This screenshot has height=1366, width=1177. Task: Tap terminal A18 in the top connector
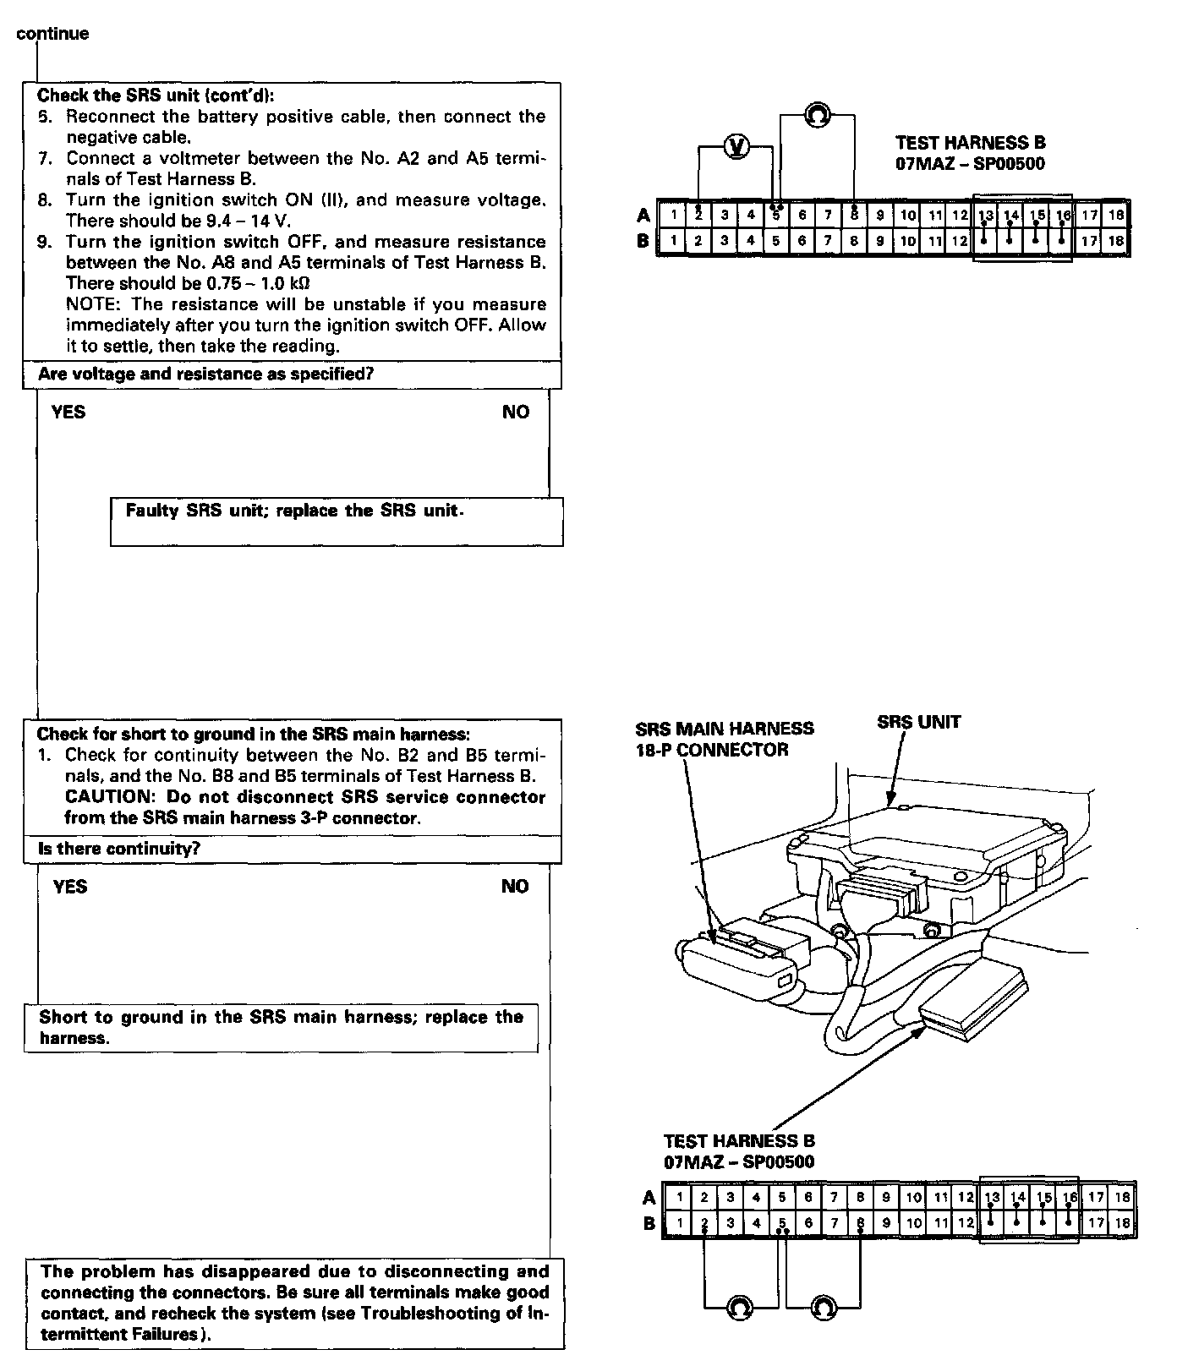coord(1116,215)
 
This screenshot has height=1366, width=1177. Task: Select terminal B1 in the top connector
coord(673,241)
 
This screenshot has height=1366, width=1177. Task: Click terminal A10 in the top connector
coord(907,215)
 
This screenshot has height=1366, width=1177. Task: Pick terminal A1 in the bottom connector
coord(678,1197)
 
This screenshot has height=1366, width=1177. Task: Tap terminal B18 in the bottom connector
coord(1122,1222)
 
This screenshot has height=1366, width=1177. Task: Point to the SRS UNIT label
coord(918,722)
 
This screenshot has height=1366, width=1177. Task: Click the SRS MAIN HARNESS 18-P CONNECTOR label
coord(725,739)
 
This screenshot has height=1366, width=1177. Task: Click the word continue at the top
coord(52,34)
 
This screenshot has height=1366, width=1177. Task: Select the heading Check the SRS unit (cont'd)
coord(156,96)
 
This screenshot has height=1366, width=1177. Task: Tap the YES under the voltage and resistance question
coord(68,412)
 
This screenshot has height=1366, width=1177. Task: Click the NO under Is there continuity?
coord(514,886)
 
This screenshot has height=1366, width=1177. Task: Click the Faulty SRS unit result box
coord(337,522)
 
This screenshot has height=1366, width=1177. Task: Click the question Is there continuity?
coord(119,849)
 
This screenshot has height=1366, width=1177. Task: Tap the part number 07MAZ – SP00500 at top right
coord(970,164)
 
